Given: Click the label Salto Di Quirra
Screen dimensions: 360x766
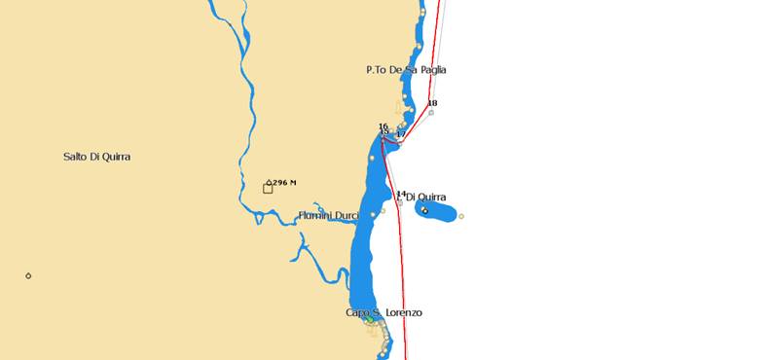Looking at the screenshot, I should coord(96,157).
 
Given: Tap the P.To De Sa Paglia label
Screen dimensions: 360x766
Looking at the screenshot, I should coord(406,70).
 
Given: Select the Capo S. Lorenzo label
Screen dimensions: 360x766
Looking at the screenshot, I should coord(383,312).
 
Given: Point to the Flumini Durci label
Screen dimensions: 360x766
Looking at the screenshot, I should coord(328,215).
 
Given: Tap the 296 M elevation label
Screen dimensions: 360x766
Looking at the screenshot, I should coord(284,182).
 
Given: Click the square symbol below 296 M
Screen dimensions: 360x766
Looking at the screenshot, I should coord(268,188).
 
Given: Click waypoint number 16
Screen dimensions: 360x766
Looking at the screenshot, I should coord(383,126).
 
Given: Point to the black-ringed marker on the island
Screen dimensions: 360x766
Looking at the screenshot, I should coord(424,210).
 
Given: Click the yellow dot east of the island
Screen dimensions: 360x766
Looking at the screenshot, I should coord(461,216).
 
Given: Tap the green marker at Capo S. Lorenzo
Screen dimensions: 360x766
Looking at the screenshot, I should coord(369,319).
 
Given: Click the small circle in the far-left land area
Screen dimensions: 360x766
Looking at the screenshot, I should coord(28,275).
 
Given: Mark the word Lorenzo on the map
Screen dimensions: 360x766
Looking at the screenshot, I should coord(404,312).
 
